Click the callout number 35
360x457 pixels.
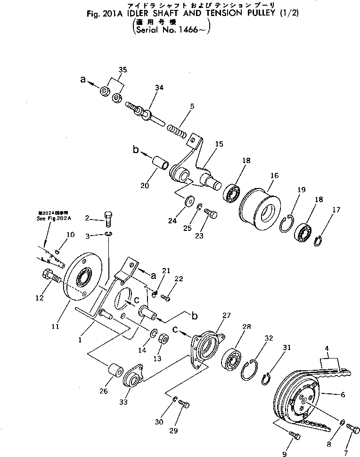pos(123,70)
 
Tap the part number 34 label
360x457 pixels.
pos(159,88)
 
